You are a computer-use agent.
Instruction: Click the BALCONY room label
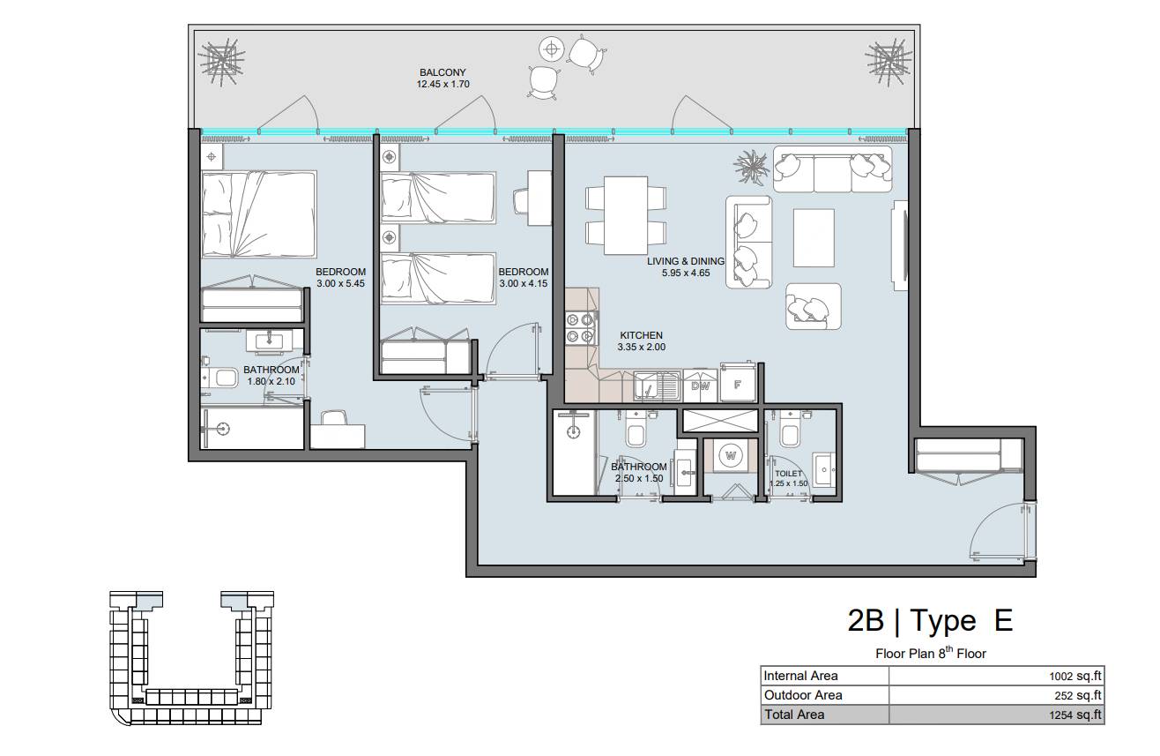point(442,72)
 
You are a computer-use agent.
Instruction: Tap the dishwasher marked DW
point(700,385)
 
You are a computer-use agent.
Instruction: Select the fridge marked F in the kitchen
point(738,385)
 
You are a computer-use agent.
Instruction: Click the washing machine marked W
point(731,456)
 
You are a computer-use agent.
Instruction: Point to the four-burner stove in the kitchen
point(580,328)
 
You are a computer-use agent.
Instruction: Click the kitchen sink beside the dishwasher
point(658,386)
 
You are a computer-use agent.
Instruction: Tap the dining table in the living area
point(626,215)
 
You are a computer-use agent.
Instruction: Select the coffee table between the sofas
point(814,238)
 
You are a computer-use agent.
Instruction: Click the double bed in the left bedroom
point(259,214)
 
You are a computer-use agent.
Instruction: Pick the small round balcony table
point(551,49)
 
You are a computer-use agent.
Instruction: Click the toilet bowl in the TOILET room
point(790,433)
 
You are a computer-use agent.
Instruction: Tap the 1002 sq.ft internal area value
point(1075,676)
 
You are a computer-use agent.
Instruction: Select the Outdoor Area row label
point(803,695)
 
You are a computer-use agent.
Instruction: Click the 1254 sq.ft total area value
point(1075,715)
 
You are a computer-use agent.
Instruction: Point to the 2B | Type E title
point(930,621)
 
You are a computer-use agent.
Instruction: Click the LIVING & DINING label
point(686,261)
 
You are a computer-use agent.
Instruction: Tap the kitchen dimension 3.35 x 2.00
point(641,348)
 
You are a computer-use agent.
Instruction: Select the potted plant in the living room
point(751,167)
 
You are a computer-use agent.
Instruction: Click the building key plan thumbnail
point(191,658)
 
